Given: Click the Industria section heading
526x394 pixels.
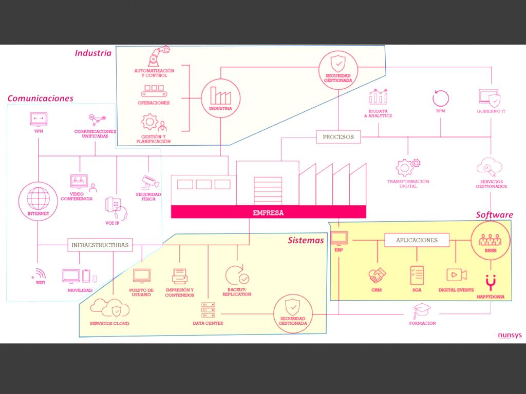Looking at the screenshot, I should coord(93,53).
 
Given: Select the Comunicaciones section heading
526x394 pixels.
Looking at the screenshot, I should coord(40,98).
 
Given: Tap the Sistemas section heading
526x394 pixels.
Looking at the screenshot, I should coord(306,240).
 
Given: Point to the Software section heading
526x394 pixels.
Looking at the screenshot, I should coord(494,214).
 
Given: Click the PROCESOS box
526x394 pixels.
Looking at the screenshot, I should coord(338,137).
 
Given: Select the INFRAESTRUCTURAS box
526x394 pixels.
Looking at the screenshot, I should coord(99,245).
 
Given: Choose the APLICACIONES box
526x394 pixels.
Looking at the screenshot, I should coord(417,240).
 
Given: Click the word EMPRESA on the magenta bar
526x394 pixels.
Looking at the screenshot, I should coord(268,212).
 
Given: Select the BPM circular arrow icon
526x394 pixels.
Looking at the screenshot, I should coord(441,97).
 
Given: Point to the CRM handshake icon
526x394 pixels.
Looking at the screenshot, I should coord(377,275).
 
